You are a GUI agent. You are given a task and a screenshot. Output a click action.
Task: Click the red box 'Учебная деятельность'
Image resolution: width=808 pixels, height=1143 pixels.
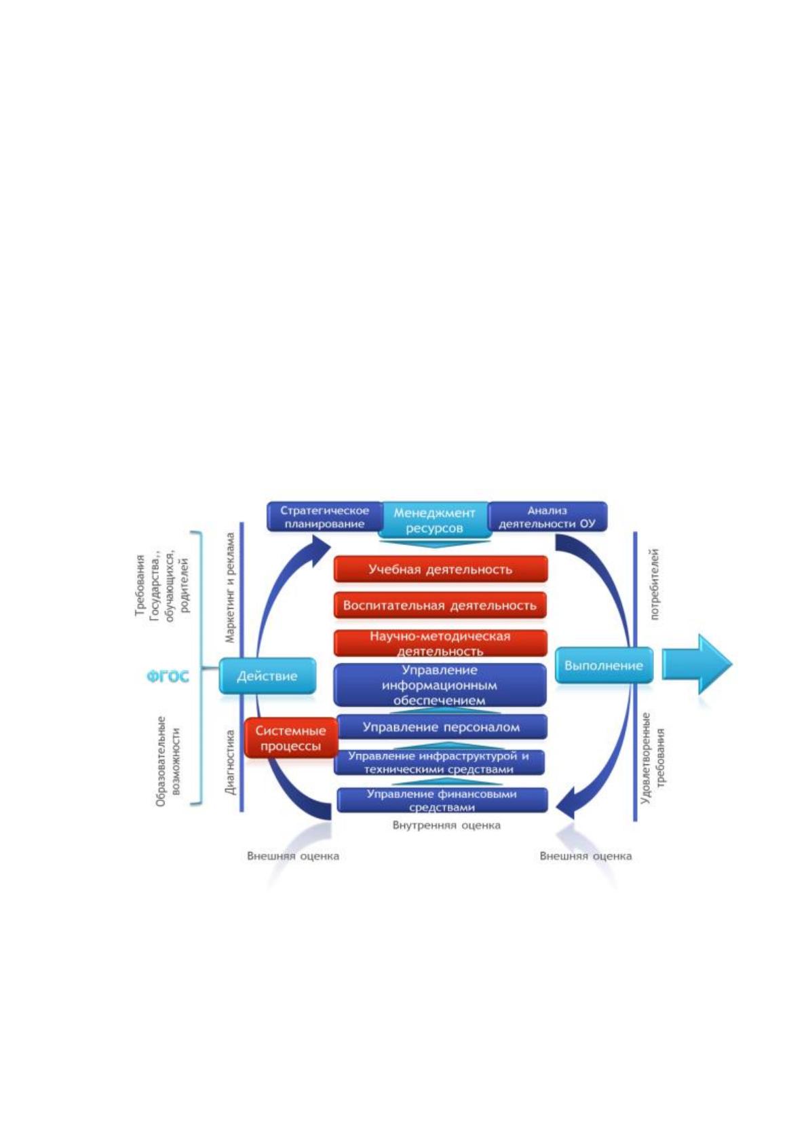pyautogui.click(x=440, y=569)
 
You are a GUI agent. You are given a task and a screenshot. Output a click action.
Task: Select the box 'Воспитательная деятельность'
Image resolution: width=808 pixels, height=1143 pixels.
pyautogui.click(x=440, y=605)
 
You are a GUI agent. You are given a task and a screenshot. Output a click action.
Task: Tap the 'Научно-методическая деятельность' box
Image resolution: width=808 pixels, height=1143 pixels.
pyautogui.click(x=440, y=643)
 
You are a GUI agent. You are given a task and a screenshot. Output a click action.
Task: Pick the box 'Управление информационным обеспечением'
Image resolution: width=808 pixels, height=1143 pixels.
pyautogui.click(x=440, y=685)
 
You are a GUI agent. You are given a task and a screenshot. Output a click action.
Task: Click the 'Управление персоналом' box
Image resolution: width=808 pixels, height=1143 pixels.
pyautogui.click(x=441, y=727)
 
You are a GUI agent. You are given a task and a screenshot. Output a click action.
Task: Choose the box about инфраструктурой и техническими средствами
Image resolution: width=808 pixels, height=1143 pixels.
pyautogui.click(x=439, y=762)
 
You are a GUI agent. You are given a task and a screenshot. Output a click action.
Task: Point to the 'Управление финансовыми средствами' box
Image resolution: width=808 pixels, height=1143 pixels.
pyautogui.click(x=442, y=800)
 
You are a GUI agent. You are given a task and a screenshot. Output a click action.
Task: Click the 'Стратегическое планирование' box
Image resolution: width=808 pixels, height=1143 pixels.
pyautogui.click(x=325, y=517)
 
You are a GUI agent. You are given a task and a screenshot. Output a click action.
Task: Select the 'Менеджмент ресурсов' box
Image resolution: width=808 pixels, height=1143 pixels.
pyautogui.click(x=434, y=520)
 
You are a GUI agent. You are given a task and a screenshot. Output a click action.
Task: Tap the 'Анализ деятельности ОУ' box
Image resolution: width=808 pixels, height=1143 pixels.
pyautogui.click(x=547, y=517)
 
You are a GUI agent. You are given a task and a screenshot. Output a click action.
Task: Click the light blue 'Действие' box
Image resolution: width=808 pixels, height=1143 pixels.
pyautogui.click(x=267, y=675)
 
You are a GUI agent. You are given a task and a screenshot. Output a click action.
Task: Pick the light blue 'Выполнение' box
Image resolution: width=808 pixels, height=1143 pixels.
pyautogui.click(x=604, y=665)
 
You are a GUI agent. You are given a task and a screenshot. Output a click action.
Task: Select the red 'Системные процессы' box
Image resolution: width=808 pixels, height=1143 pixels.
pyautogui.click(x=291, y=738)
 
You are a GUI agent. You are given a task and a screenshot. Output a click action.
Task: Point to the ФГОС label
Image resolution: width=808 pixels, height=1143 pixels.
pyautogui.click(x=168, y=677)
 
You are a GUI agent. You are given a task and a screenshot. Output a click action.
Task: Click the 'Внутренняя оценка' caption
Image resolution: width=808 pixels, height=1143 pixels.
pyautogui.click(x=446, y=825)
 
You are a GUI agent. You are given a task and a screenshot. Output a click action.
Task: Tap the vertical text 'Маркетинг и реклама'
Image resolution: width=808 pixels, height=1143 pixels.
pyautogui.click(x=230, y=587)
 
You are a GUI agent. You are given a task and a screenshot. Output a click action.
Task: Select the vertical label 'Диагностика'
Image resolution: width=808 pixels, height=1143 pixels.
pyautogui.click(x=230, y=762)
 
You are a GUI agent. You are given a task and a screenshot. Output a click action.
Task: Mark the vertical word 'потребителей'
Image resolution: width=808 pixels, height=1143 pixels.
pyautogui.click(x=655, y=585)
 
